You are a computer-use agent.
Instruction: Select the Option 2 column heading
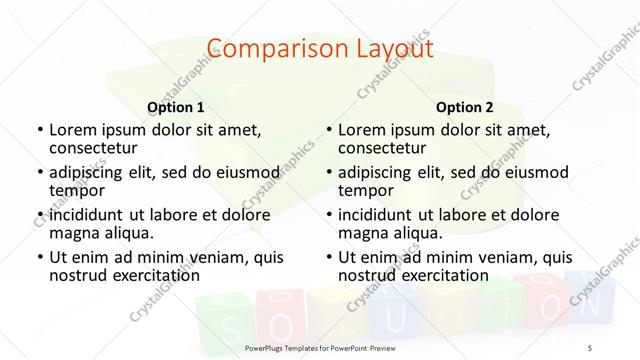pyautogui.click(x=465, y=107)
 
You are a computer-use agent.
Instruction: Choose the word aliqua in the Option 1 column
pyautogui.click(x=129, y=232)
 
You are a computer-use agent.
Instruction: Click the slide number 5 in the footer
pyautogui.click(x=589, y=345)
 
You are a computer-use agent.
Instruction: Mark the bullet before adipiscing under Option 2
pyautogui.click(x=328, y=172)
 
